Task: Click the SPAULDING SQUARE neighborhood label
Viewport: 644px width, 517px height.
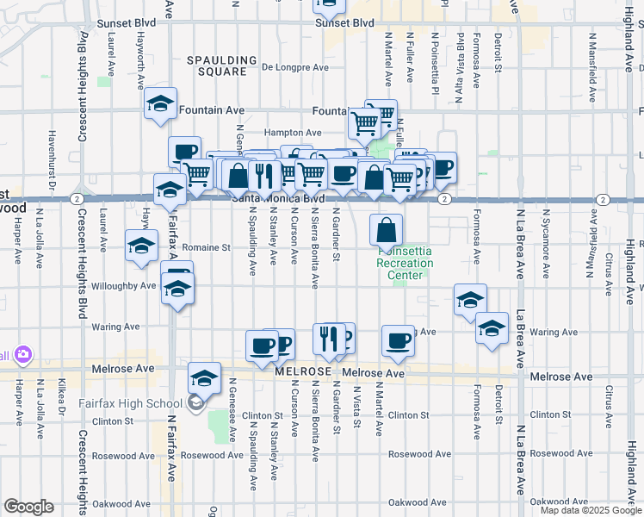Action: [223, 65]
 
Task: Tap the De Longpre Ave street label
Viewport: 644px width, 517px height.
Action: [296, 66]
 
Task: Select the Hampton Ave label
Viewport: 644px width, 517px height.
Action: [293, 133]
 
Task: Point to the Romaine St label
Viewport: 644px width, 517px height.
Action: [207, 247]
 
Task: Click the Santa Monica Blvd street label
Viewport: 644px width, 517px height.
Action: [277, 198]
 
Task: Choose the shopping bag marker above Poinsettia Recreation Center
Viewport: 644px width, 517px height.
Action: [387, 230]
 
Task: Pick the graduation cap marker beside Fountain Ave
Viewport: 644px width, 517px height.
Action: [160, 103]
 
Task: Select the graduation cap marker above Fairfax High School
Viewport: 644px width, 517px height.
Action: [204, 377]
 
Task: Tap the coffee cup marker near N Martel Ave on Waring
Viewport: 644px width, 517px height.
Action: [398, 340]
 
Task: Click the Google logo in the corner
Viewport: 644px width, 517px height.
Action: [28, 506]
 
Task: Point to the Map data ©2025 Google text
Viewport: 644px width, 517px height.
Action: [591, 510]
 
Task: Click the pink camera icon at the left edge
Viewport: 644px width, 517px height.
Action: [22, 354]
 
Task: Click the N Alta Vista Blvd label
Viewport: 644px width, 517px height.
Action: [461, 55]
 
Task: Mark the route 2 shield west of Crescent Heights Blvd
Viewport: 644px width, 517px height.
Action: [77, 199]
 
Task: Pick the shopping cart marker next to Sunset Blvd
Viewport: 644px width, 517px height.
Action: [328, 5]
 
